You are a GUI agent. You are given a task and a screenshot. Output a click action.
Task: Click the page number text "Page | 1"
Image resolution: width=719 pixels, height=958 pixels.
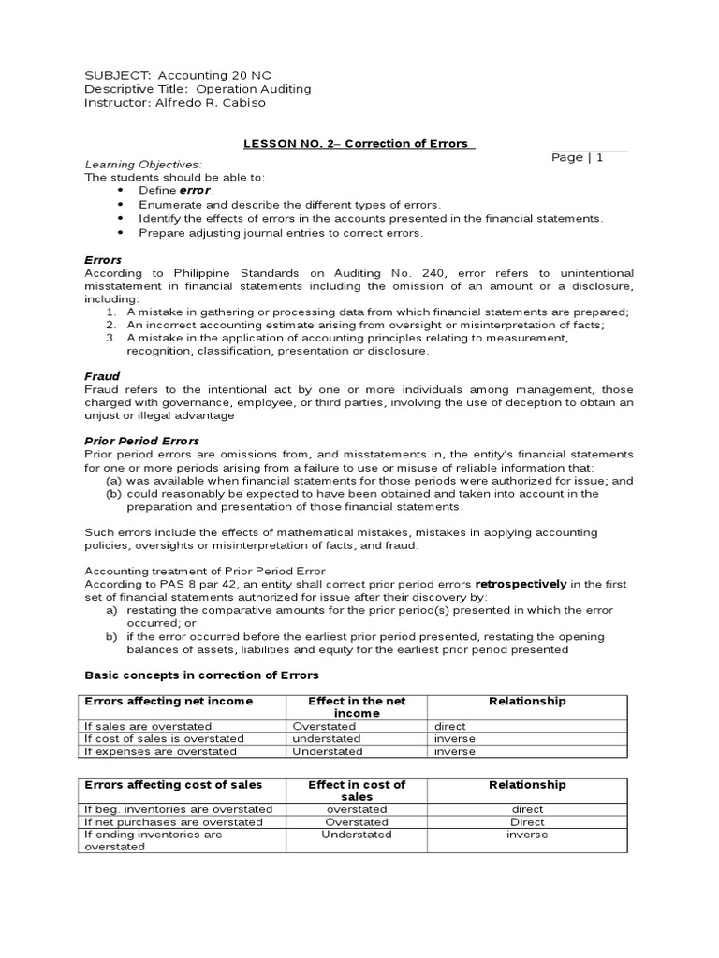coord(577,157)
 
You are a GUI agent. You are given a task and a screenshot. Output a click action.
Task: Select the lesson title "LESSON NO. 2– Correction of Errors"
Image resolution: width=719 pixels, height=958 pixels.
coord(359,143)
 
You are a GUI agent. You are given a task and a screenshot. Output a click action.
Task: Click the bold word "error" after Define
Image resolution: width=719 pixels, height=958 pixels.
coord(196,190)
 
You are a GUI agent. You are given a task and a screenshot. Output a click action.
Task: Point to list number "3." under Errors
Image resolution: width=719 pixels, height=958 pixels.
coord(110,338)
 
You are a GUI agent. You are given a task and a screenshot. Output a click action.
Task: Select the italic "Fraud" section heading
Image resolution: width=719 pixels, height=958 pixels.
coord(102,376)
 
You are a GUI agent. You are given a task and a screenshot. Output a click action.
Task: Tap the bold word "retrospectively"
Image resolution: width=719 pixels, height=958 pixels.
coord(521,584)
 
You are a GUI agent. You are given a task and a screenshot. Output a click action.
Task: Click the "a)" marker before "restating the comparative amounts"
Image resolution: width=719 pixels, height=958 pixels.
coord(111,610)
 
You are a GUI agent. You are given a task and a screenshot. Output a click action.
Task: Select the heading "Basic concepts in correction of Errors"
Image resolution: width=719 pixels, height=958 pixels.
coord(201,675)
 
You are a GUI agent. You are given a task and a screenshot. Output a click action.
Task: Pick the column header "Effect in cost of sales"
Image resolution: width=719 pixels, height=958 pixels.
coord(356,791)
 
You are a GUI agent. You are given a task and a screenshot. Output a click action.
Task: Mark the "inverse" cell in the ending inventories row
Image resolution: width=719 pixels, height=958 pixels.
coord(527,835)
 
